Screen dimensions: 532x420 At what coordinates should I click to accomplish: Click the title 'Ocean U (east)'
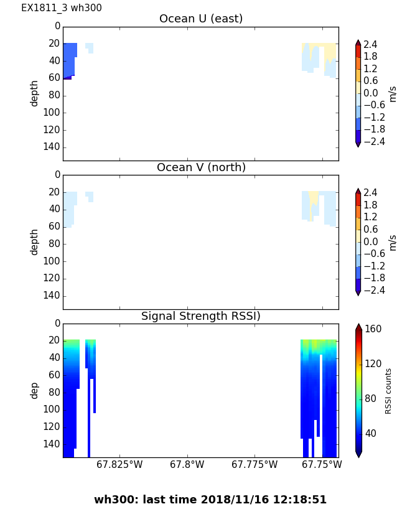(x=200, y=19)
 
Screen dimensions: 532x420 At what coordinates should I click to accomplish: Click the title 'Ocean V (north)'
(x=200, y=167)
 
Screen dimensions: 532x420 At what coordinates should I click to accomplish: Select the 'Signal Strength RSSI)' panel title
(x=200, y=316)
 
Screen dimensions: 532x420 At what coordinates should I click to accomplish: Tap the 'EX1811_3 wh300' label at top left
(x=62, y=8)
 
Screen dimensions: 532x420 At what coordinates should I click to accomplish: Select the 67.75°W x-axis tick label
(x=322, y=464)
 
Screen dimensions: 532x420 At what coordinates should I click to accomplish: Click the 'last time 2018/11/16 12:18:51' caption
(x=210, y=500)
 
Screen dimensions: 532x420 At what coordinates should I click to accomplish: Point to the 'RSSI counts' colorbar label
(x=388, y=391)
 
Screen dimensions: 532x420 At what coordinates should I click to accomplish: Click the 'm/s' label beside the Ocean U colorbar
(x=392, y=93)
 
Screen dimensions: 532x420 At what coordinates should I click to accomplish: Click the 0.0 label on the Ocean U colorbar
(x=371, y=93)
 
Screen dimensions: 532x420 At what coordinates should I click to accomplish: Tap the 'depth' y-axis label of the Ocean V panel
(x=35, y=241)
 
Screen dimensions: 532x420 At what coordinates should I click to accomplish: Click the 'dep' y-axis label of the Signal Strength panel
(x=35, y=390)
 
